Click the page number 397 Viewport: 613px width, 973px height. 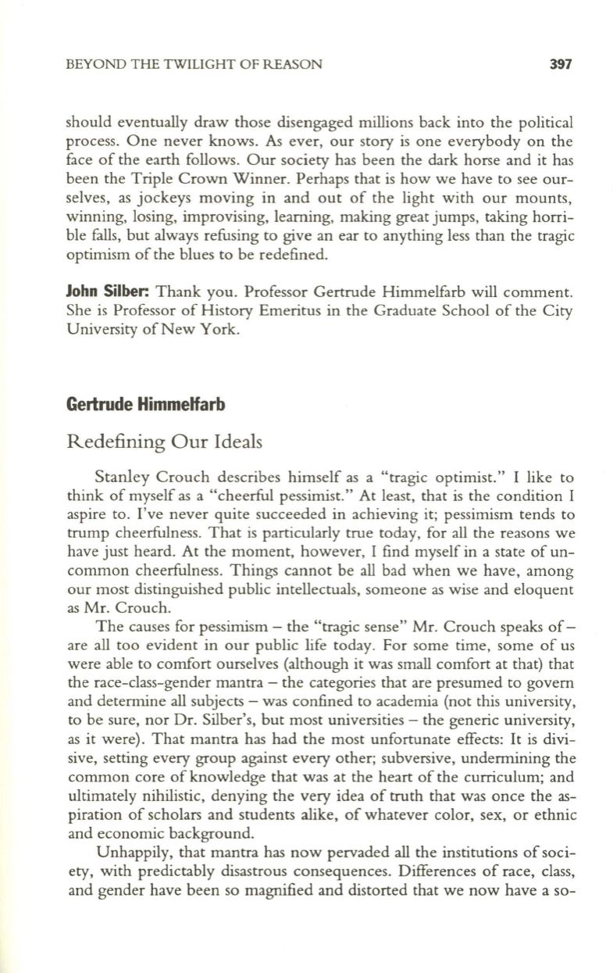561,65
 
